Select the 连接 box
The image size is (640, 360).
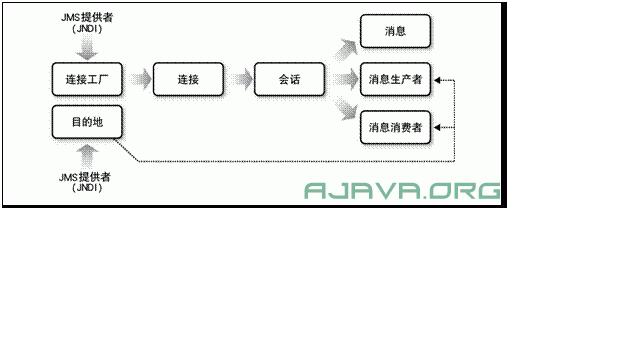188,80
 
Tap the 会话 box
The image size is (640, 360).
290,80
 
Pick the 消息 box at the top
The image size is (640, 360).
395,32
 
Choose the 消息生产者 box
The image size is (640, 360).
395,80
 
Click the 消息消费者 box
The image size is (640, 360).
395,127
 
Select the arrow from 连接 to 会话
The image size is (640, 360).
239,80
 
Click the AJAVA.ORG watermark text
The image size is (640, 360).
402,190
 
